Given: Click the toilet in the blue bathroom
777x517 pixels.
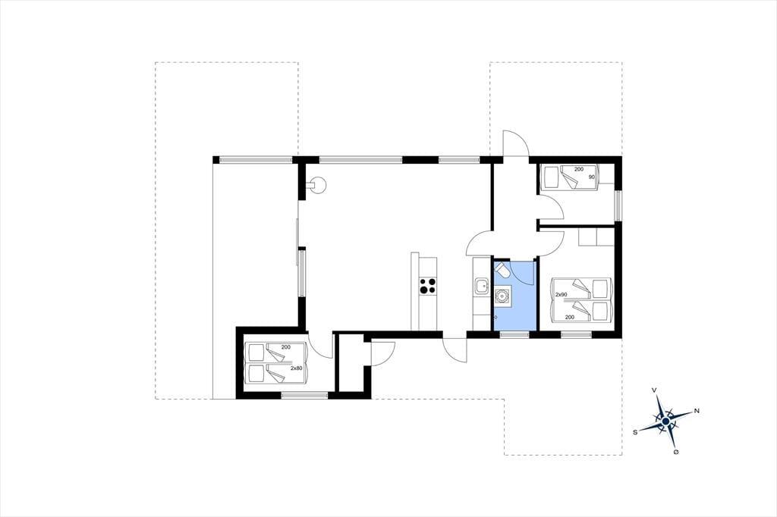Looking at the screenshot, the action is click(502, 271).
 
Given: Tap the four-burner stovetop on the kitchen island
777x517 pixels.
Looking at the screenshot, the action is click(428, 287).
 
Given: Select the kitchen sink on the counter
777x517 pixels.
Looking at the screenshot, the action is click(480, 287).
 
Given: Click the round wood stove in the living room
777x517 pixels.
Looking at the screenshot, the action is click(316, 186).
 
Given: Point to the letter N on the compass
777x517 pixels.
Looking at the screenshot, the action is click(697, 411).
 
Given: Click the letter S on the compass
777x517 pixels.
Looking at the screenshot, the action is click(635, 432).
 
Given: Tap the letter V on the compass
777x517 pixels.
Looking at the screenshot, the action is click(655, 390).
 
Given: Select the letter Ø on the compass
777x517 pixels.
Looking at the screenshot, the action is click(676, 452).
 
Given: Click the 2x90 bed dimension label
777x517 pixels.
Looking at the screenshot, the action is click(561, 295).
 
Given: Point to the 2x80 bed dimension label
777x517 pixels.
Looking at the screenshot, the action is click(297, 368).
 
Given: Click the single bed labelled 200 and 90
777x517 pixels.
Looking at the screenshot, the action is click(570, 177).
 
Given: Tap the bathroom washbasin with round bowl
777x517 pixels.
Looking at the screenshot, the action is click(502, 296).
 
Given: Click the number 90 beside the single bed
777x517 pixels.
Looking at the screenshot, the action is click(591, 177).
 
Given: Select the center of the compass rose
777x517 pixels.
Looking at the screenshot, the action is click(666, 421).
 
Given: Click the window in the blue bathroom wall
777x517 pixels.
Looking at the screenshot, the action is click(514, 335).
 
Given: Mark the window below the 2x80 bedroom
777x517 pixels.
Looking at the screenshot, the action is click(304, 395).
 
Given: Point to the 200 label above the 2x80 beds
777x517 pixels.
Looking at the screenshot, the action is click(285, 346).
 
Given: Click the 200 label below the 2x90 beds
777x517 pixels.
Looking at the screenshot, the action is click(570, 317).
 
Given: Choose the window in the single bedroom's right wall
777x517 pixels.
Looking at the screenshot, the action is click(618, 205).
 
